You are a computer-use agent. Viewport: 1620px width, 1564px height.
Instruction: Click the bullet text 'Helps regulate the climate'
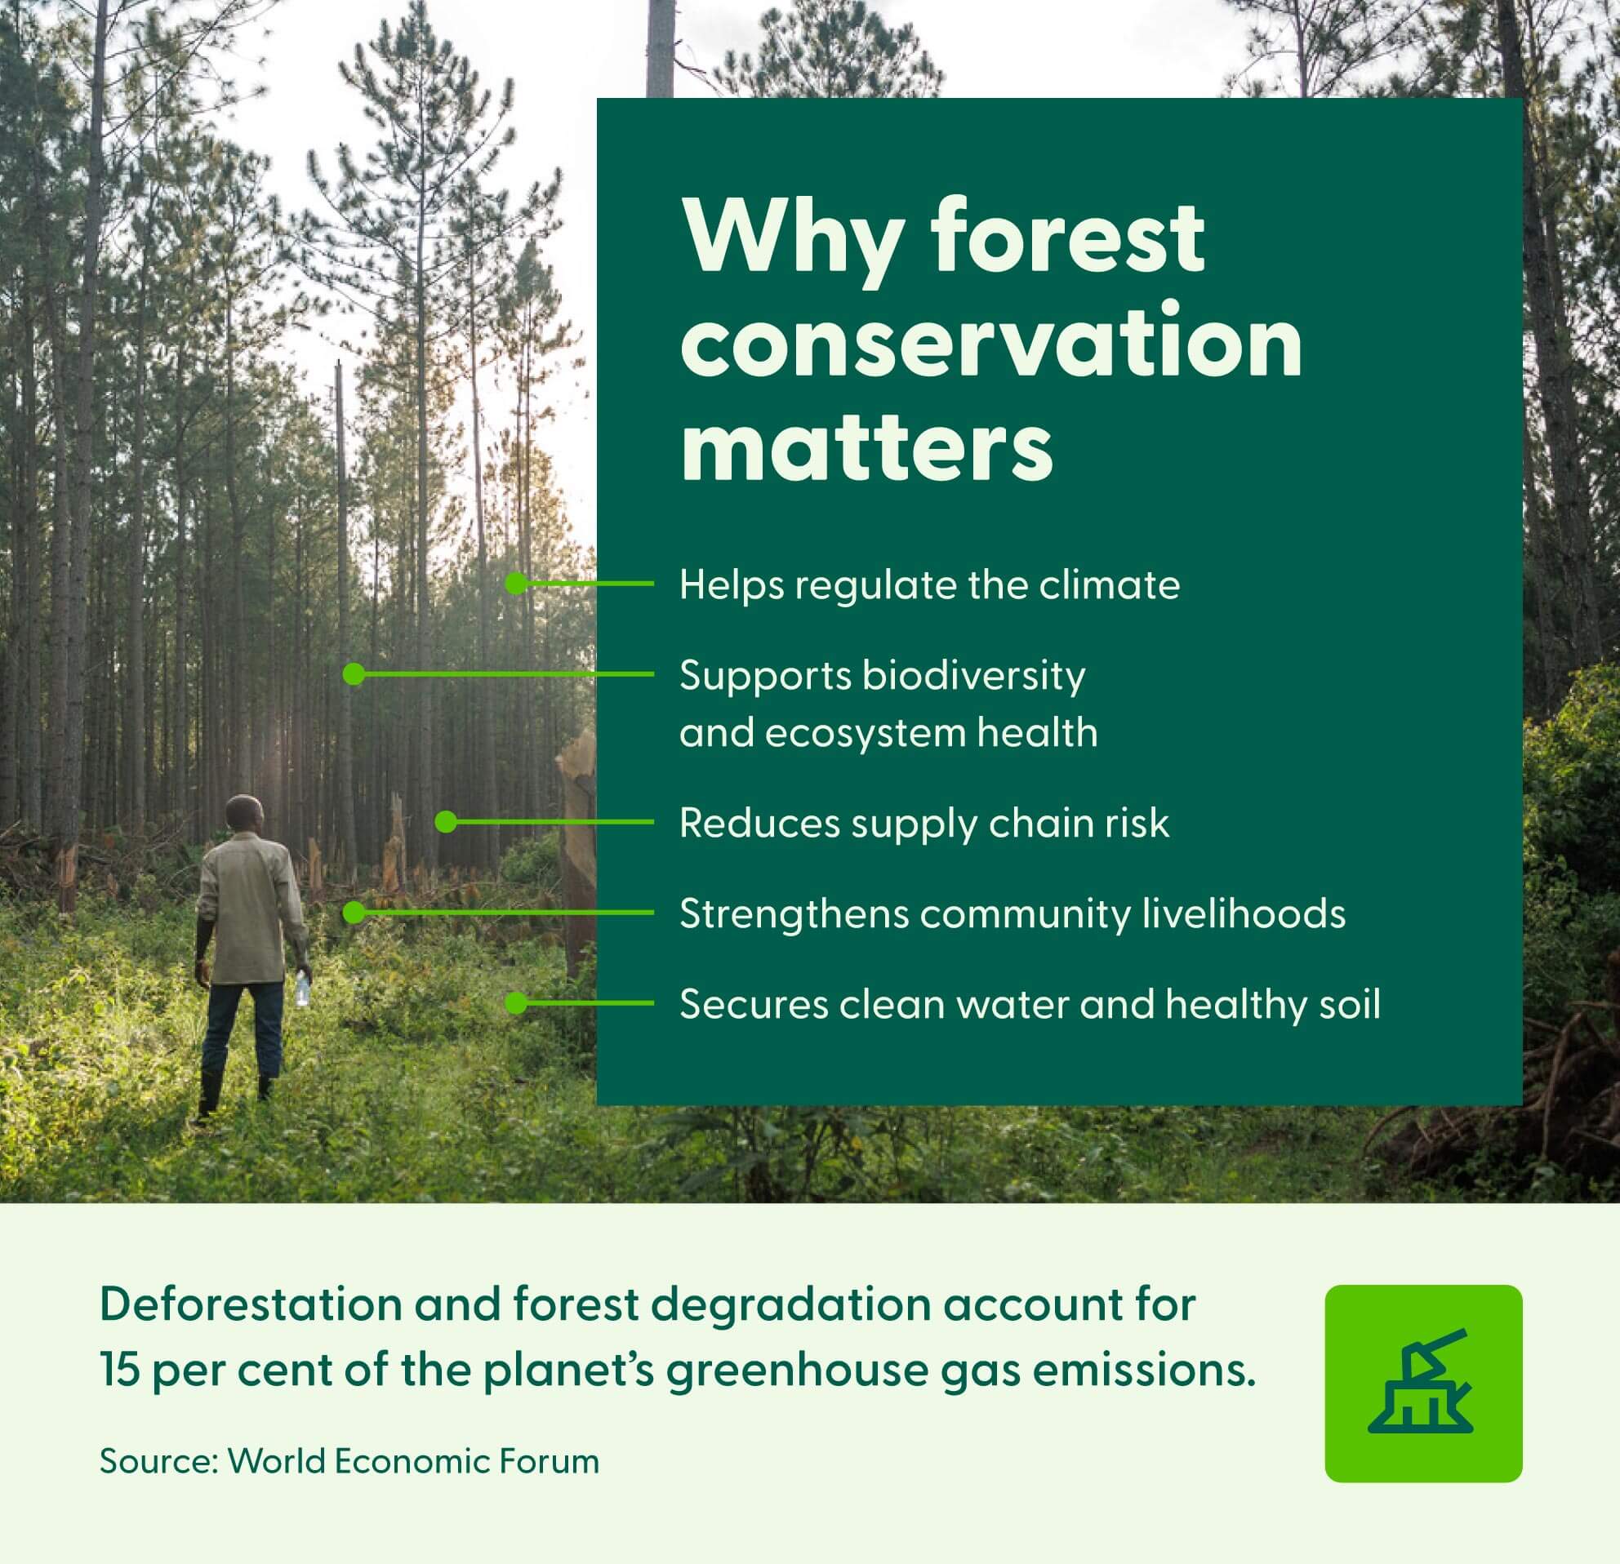tap(930, 585)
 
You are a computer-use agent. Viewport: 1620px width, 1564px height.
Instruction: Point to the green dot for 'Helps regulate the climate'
tap(516, 584)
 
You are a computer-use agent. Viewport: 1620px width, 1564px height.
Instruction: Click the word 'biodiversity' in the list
tap(973, 677)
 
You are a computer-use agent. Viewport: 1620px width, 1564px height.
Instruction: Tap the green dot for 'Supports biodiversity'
tap(354, 674)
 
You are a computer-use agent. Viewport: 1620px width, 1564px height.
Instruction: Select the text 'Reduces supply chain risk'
tap(924, 824)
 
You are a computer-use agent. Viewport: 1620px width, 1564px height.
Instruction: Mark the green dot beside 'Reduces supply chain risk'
tap(447, 821)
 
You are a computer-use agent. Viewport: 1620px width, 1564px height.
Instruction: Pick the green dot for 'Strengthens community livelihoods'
tap(354, 912)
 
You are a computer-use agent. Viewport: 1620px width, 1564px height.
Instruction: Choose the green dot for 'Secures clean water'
tap(516, 1003)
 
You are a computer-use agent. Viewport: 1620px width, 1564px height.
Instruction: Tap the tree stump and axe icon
tap(1422, 1383)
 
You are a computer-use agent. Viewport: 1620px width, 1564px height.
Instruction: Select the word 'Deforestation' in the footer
tap(251, 1304)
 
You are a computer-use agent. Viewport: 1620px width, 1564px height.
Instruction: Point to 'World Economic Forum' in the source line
tap(413, 1461)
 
